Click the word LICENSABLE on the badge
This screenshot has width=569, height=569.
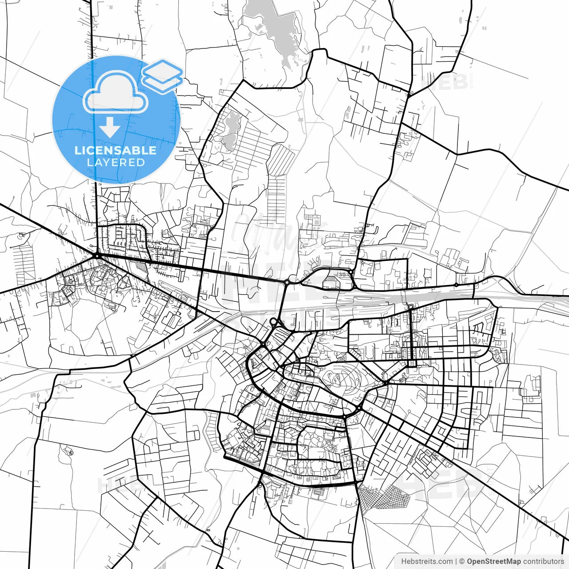(x=116, y=150)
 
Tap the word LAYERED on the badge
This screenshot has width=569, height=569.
(x=116, y=163)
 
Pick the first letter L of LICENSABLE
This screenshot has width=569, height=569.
(x=78, y=150)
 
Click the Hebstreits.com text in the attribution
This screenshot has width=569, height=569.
(x=427, y=561)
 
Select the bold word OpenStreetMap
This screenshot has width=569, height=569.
(x=493, y=561)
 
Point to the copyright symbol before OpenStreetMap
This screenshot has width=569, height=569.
(x=462, y=561)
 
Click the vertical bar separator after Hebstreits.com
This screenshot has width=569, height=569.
(x=457, y=561)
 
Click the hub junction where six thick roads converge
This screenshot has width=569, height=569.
(x=96, y=255)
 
